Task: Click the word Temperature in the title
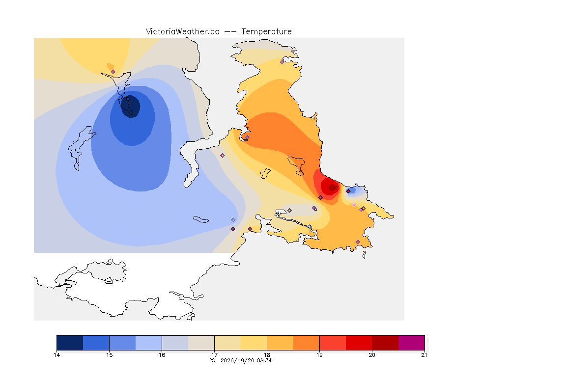click(x=266, y=32)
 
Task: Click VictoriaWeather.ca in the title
click(x=183, y=32)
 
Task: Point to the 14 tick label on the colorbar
click(x=57, y=355)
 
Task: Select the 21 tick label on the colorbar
click(x=424, y=355)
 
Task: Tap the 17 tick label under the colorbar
click(x=214, y=355)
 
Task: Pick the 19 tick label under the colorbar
click(x=319, y=355)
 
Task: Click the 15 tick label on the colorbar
click(x=110, y=355)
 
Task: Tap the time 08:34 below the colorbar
click(x=264, y=360)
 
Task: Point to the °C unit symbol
click(x=213, y=360)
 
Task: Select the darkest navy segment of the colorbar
click(x=70, y=343)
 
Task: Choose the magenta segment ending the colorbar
click(x=412, y=343)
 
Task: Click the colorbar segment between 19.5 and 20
click(x=359, y=343)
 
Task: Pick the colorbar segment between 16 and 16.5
click(x=175, y=343)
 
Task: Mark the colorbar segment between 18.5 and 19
click(x=307, y=343)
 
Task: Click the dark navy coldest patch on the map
click(x=130, y=107)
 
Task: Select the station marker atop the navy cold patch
click(x=128, y=99)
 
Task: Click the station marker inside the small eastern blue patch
click(x=348, y=191)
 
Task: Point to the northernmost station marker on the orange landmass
click(x=283, y=62)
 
